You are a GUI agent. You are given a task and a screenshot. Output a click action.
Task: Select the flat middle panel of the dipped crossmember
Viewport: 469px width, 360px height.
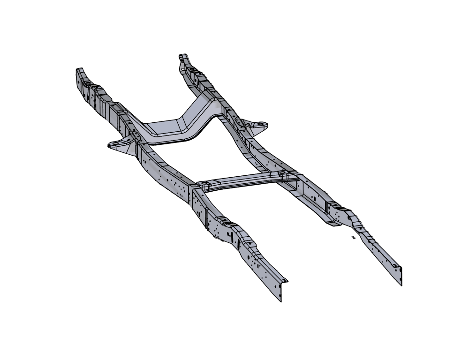click(x=164, y=127)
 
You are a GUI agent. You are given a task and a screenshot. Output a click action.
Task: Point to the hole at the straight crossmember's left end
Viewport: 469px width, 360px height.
click(x=204, y=182)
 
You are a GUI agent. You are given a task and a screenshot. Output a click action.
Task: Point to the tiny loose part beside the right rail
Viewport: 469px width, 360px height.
click(x=353, y=238)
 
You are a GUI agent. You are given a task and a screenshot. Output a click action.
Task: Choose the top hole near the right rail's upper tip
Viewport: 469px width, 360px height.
click(x=191, y=68)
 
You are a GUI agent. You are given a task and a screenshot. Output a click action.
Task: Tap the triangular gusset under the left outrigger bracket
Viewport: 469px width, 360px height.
click(x=124, y=149)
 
